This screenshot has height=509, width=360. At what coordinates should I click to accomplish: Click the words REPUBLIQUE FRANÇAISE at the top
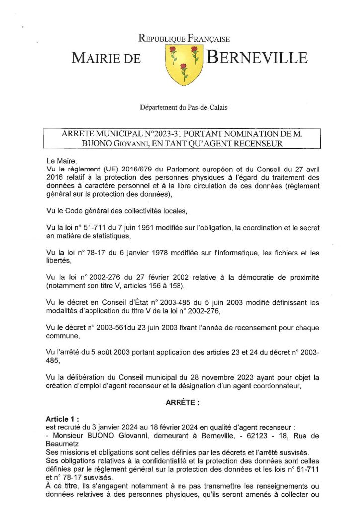[183, 39]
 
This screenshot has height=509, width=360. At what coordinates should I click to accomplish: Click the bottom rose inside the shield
[183, 68]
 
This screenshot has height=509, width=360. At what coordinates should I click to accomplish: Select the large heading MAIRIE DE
[106, 59]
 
